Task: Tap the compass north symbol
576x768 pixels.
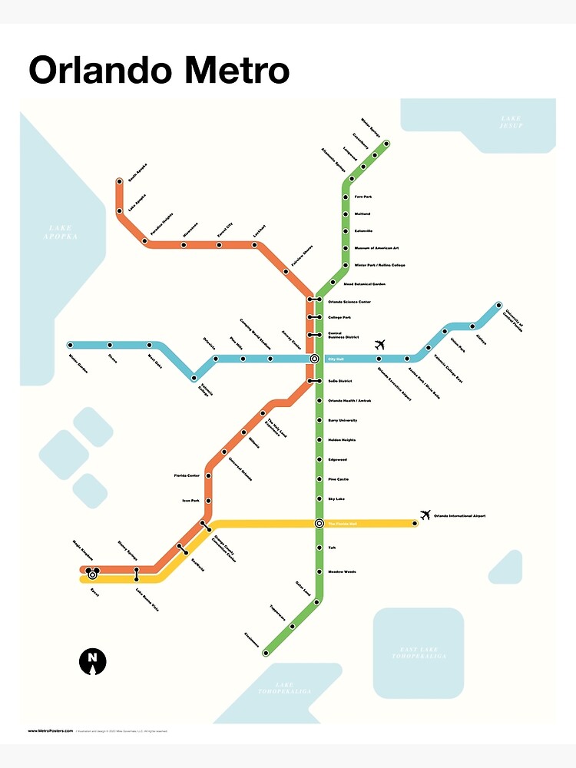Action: pyautogui.click(x=93, y=660)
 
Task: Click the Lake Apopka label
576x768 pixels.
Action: pyautogui.click(x=61, y=233)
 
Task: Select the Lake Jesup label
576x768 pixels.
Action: pyautogui.click(x=511, y=121)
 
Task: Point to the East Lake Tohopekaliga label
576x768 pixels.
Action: pyautogui.click(x=419, y=654)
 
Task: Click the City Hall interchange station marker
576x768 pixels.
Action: pyautogui.click(x=314, y=359)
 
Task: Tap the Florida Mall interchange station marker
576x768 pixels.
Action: pyautogui.click(x=319, y=524)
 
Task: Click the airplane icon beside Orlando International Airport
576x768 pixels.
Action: pyautogui.click(x=425, y=515)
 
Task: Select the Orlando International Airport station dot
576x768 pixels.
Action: pyautogui.click(x=415, y=524)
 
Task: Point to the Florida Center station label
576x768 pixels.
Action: pyautogui.click(x=187, y=476)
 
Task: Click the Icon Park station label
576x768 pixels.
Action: pyautogui.click(x=190, y=501)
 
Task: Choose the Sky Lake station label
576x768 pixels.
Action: pyautogui.click(x=336, y=499)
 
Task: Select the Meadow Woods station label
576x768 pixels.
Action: pyautogui.click(x=342, y=572)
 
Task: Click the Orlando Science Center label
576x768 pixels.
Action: pyautogui.click(x=349, y=302)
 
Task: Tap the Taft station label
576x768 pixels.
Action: pyautogui.click(x=332, y=548)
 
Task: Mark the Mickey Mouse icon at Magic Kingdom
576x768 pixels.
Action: pyautogui.click(x=92, y=573)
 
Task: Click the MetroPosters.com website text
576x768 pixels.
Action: pyautogui.click(x=51, y=731)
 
